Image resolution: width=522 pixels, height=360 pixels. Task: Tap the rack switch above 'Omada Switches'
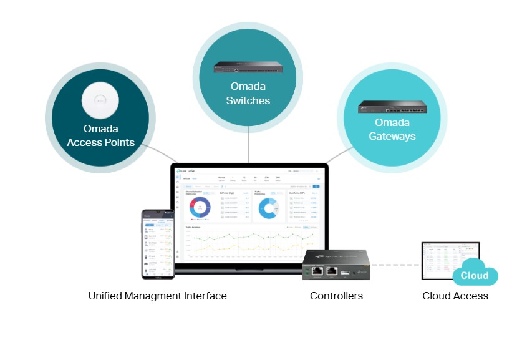(x=248, y=67)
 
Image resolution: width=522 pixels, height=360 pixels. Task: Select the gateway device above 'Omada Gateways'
(x=392, y=107)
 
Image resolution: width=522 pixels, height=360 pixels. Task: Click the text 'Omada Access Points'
(x=100, y=136)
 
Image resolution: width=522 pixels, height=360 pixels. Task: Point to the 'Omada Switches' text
(x=248, y=94)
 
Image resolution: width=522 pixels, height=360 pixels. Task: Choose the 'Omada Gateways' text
(x=392, y=129)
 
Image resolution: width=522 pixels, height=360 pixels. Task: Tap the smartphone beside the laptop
(x=158, y=244)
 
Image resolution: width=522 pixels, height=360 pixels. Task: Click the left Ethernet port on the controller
(x=317, y=271)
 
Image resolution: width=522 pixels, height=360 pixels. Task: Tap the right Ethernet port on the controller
(x=332, y=271)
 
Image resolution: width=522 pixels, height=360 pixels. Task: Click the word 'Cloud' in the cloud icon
(x=475, y=276)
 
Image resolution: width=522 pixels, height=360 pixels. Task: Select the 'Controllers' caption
(x=336, y=296)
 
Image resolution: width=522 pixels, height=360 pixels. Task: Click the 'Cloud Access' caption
(x=455, y=296)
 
